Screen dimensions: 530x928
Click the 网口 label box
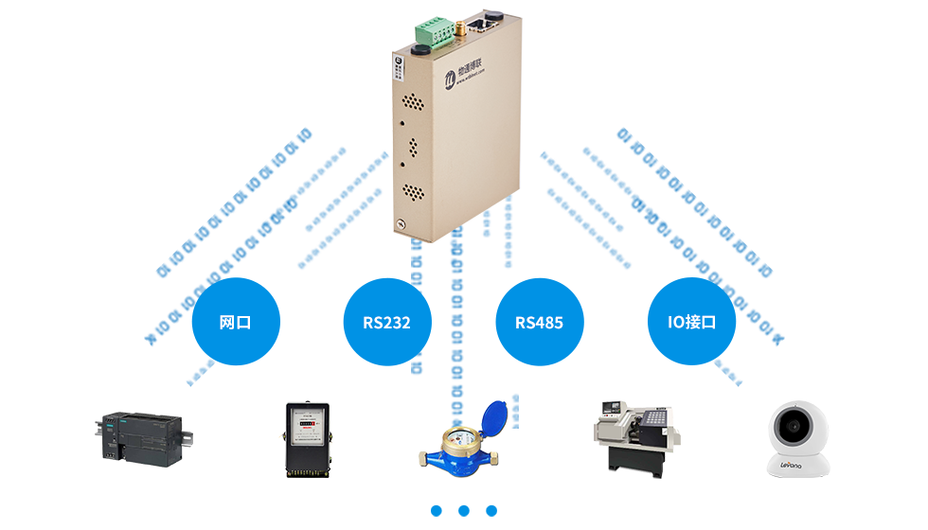236,322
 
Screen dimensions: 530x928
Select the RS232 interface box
386,322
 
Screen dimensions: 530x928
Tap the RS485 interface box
539,322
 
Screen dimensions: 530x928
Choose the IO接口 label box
691,322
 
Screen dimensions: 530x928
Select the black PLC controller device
145,439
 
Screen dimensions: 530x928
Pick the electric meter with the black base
305,439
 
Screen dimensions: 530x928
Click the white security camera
798,438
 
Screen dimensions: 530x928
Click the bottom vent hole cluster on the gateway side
414,191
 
